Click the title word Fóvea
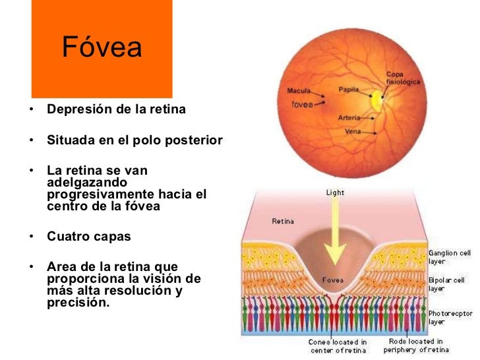coord(102,48)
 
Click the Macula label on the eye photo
coord(299,91)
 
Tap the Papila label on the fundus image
coord(349,88)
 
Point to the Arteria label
coord(349,117)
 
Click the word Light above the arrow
coord(335,193)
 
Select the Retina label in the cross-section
coord(283,221)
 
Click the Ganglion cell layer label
coord(450,257)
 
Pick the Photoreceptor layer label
coord(450,317)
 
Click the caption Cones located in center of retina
coord(338,345)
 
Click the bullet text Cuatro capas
coord(89,237)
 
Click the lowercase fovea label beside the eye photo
coord(301,105)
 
